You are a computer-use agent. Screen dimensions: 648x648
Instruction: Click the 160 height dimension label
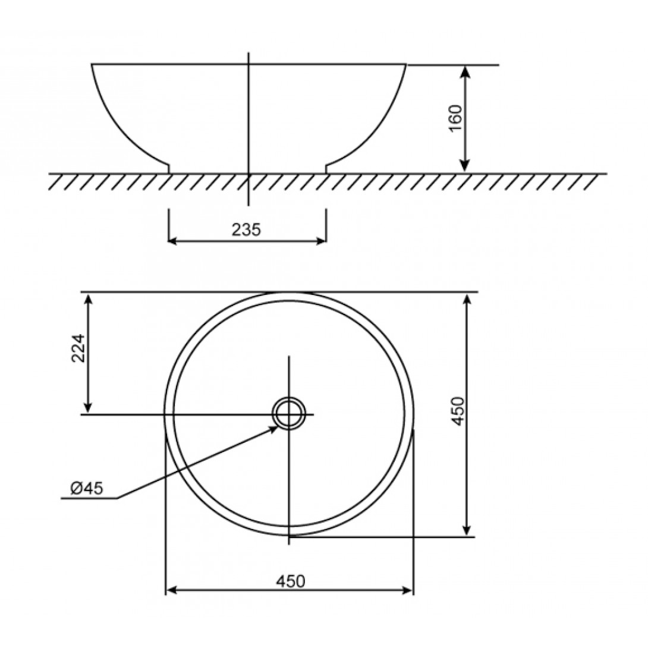(x=455, y=118)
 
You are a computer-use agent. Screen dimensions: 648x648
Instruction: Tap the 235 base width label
(x=246, y=230)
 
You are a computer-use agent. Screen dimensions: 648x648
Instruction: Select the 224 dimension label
(x=78, y=348)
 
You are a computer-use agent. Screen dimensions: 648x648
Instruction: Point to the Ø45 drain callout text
(x=86, y=489)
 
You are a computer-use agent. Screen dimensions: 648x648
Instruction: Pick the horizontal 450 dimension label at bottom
(x=291, y=581)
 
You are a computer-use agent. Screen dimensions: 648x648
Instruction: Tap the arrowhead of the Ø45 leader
(x=274, y=429)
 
